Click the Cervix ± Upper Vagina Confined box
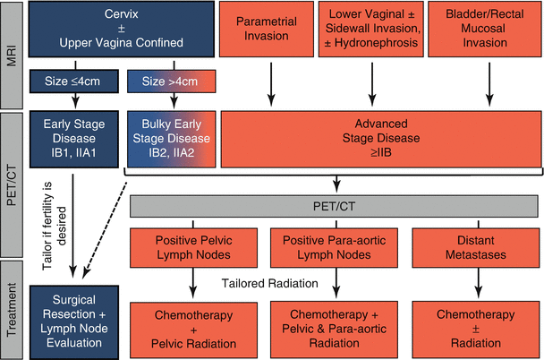(x=121, y=32)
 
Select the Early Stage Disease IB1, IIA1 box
(x=73, y=138)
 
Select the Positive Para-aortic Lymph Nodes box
(x=337, y=248)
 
